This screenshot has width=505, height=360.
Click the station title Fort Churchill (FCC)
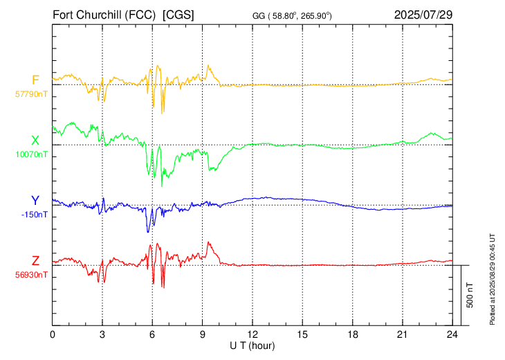[104, 15]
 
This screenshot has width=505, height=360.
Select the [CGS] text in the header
[178, 15]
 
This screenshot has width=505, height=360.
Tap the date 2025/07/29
[423, 15]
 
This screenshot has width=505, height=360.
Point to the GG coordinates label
[292, 16]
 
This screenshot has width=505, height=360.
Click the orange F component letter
[35, 80]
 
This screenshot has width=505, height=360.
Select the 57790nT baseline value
[31, 94]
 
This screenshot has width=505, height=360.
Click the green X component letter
[35, 141]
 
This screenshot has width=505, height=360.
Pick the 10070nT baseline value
[31, 154]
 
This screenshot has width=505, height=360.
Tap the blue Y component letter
[35, 201]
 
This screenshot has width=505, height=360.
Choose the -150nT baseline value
[35, 215]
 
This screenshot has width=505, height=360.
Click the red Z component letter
[35, 260]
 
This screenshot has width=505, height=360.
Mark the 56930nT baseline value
[31, 275]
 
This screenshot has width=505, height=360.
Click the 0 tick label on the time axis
[53, 334]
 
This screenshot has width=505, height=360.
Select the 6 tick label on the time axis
[152, 334]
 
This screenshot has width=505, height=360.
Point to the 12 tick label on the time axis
[252, 334]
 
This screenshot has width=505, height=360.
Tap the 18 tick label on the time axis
[353, 334]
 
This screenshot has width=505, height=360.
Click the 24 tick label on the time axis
[452, 334]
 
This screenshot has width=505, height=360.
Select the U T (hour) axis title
[252, 346]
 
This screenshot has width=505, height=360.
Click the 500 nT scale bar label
[470, 295]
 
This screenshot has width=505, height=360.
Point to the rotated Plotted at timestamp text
[492, 279]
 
